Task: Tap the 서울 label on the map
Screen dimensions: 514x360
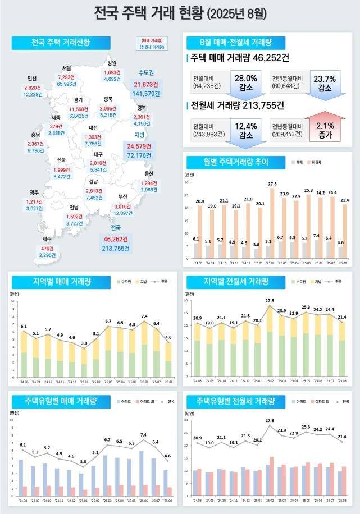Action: tap(67, 69)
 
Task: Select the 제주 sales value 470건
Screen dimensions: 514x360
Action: tap(47, 249)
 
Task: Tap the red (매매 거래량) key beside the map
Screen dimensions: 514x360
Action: tap(152, 41)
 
